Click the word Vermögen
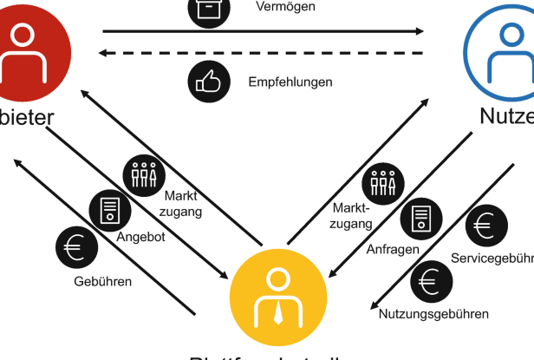pyautogui.click(x=285, y=7)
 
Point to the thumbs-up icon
pyautogui.click(x=205, y=82)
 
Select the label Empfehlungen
pyautogui.click(x=290, y=82)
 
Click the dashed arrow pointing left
pyautogui.click(x=260, y=54)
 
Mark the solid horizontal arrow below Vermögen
pyautogui.click(x=260, y=31)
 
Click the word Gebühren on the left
pyautogui.click(x=102, y=281)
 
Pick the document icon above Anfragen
pyautogui.click(x=420, y=219)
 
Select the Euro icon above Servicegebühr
pyautogui.click(x=484, y=227)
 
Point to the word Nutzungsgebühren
pyautogui.click(x=433, y=313)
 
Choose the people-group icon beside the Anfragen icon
pyautogui.click(x=382, y=182)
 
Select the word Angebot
pyautogui.click(x=140, y=237)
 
